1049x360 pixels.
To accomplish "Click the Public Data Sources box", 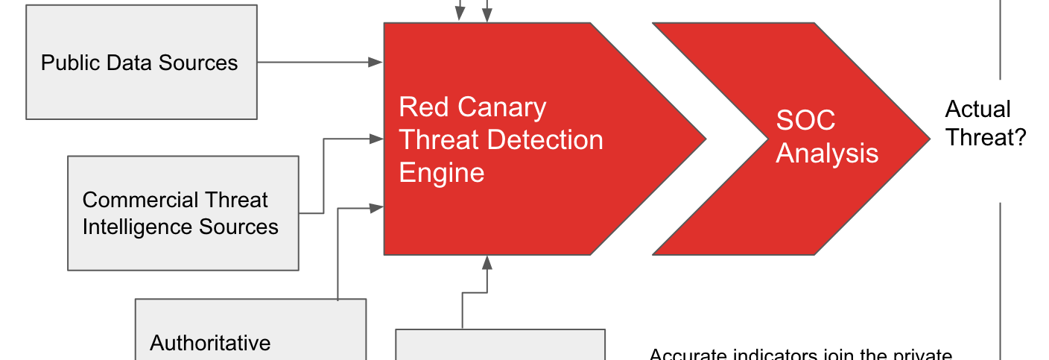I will pyautogui.click(x=142, y=62).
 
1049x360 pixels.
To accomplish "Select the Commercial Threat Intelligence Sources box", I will pyautogui.click(x=183, y=212).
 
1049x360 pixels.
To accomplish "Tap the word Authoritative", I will pyautogui.click(x=210, y=342).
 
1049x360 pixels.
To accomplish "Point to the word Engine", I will pyautogui.click(x=442, y=173).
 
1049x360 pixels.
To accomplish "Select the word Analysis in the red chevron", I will pyautogui.click(x=827, y=154).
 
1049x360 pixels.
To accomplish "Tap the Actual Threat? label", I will pyautogui.click(x=985, y=123).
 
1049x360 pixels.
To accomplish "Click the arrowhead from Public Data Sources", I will pyautogui.click(x=376, y=63).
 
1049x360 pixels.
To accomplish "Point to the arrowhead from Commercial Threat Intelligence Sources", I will pyautogui.click(x=376, y=138).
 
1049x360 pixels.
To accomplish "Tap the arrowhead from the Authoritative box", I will pyautogui.click(x=376, y=208).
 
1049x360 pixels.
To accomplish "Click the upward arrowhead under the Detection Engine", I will pyautogui.click(x=487, y=262).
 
